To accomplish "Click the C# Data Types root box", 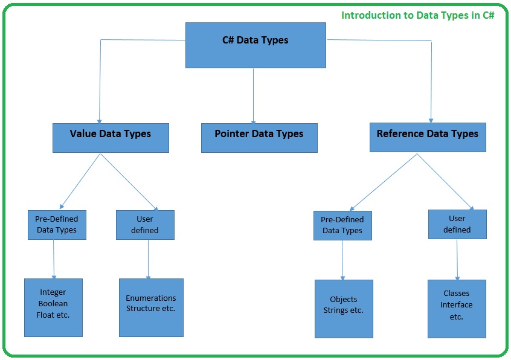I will click(255, 45).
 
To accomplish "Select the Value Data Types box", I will click(111, 138).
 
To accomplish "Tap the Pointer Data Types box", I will click(259, 138).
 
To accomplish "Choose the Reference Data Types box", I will click(428, 137).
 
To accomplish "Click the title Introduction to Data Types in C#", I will click(418, 15).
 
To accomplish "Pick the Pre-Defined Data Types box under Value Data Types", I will click(57, 225).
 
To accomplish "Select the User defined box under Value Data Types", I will click(145, 225).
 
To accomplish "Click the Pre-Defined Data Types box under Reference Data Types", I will click(342, 225).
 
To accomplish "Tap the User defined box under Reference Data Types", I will click(457, 224).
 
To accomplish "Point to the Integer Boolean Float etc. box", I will click(53, 307).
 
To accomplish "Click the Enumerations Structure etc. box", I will click(151, 307).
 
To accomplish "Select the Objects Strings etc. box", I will click(344, 309).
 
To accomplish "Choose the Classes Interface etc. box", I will click(457, 309).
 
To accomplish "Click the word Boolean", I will click(53, 303).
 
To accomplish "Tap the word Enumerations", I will click(151, 298).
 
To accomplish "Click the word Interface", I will click(457, 305).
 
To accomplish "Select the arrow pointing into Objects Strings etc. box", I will click(342, 260).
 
